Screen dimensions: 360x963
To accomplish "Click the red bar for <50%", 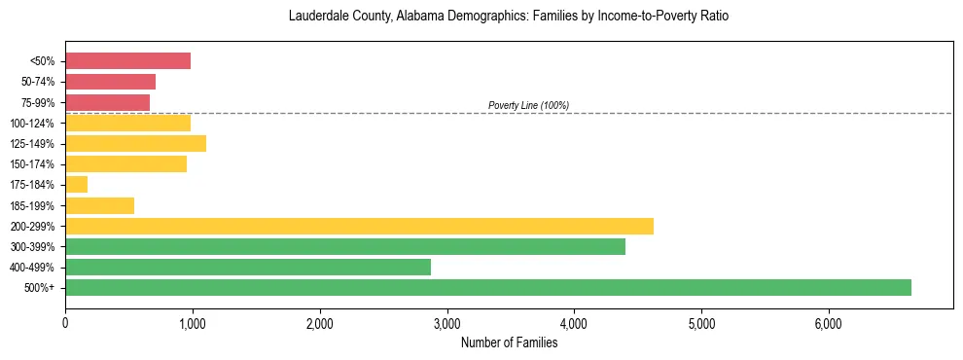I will point(127,61).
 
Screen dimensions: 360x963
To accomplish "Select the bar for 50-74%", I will point(110,82).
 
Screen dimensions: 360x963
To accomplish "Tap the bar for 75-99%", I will point(107,102).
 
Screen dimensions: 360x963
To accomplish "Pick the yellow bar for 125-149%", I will point(135,144).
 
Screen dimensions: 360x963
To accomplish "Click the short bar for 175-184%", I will point(76,185).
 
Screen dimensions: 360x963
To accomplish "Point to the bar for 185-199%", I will point(99,205).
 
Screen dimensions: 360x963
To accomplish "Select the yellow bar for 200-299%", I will point(359,226).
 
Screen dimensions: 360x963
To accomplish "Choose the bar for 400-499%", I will point(248,267).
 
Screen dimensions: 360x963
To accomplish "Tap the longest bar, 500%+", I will point(488,287).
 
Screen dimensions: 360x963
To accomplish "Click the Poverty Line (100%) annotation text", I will point(528,105).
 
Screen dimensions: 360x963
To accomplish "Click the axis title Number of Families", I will point(509,342).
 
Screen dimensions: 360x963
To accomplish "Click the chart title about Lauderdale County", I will point(509,17).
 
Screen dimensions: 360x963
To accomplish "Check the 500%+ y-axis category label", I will point(42,288).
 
